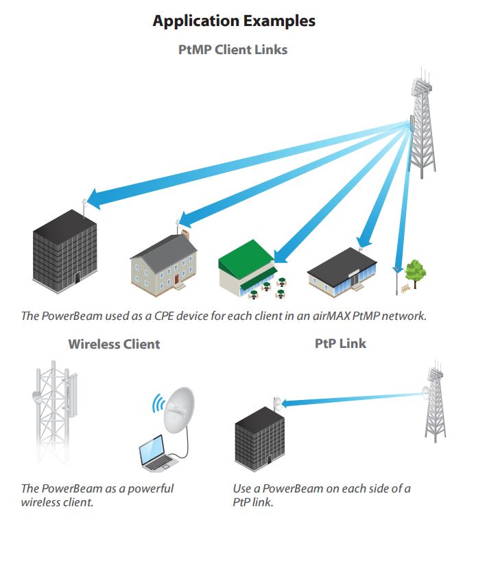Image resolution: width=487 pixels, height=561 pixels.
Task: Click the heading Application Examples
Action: tap(234, 21)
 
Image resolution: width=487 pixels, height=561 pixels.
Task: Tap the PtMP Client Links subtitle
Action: tap(233, 49)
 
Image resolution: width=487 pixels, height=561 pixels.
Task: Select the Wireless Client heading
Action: tap(114, 344)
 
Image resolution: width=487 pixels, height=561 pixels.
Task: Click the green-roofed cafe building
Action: tap(247, 269)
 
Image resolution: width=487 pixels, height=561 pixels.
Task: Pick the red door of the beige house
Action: tap(178, 279)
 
